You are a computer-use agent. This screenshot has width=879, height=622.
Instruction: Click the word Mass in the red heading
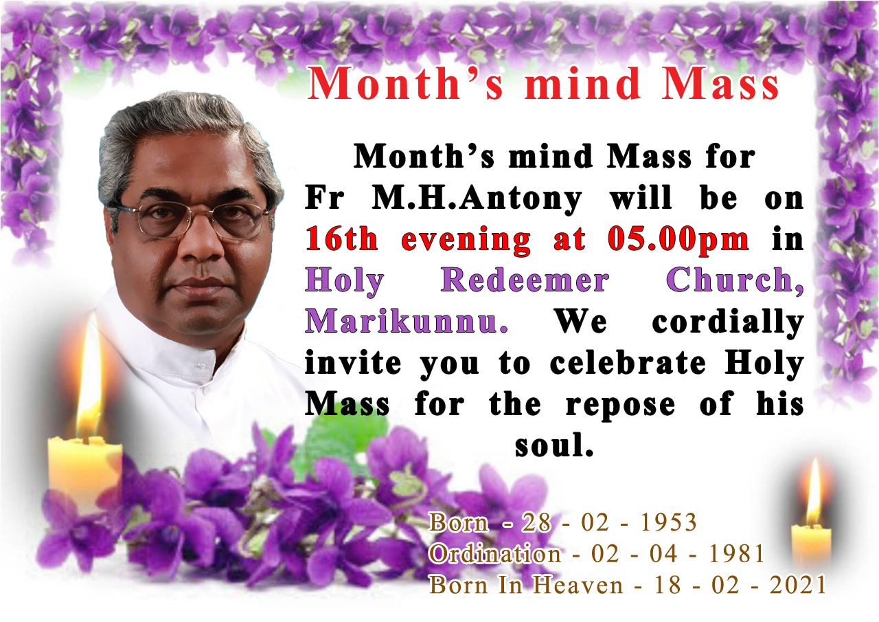[721, 84]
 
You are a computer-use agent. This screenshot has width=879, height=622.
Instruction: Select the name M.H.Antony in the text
[477, 199]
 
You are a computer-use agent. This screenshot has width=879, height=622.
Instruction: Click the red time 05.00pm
[678, 240]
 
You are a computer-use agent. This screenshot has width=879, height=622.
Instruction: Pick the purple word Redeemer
[525, 280]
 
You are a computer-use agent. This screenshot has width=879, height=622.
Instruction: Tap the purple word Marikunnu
[407, 322]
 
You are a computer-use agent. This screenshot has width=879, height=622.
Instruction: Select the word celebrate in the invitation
[628, 363]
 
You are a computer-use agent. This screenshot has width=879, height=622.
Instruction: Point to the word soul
[553, 445]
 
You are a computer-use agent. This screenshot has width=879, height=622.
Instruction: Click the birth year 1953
[668, 522]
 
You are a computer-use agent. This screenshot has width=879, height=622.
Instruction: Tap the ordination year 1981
[737, 554]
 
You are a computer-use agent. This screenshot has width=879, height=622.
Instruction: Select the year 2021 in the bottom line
[798, 585]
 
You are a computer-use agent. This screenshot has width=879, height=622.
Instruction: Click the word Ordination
[495, 554]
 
